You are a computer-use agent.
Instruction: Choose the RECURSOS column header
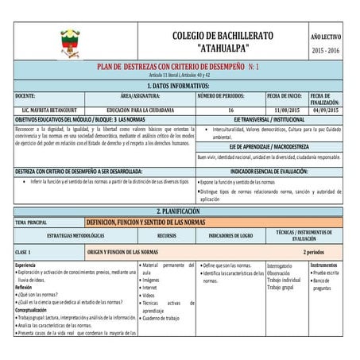[166, 237]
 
